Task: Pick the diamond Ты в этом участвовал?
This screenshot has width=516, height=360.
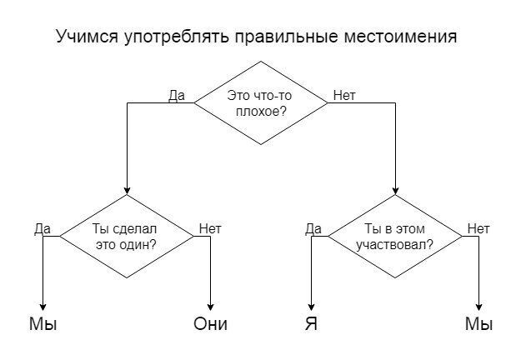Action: pyautogui.click(x=395, y=237)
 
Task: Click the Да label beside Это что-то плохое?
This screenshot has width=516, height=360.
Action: pyautogui.click(x=177, y=95)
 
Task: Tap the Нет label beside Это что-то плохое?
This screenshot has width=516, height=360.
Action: pyautogui.click(x=343, y=95)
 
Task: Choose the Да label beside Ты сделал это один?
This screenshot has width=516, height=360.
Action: pyautogui.click(x=43, y=228)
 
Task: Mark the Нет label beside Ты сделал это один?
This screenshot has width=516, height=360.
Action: pyautogui.click(x=209, y=228)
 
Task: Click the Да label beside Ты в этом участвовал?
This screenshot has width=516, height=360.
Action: pyautogui.click(x=313, y=228)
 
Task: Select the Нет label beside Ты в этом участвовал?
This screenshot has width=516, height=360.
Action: pyautogui.click(x=478, y=228)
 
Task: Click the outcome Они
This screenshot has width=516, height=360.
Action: pyautogui.click(x=210, y=324)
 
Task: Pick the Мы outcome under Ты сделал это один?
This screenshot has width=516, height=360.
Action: pyautogui.click(x=43, y=324)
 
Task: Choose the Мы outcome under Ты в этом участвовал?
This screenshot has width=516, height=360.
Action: pyautogui.click(x=479, y=324)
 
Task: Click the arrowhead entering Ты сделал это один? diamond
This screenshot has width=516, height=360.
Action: pyautogui.click(x=126, y=189)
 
